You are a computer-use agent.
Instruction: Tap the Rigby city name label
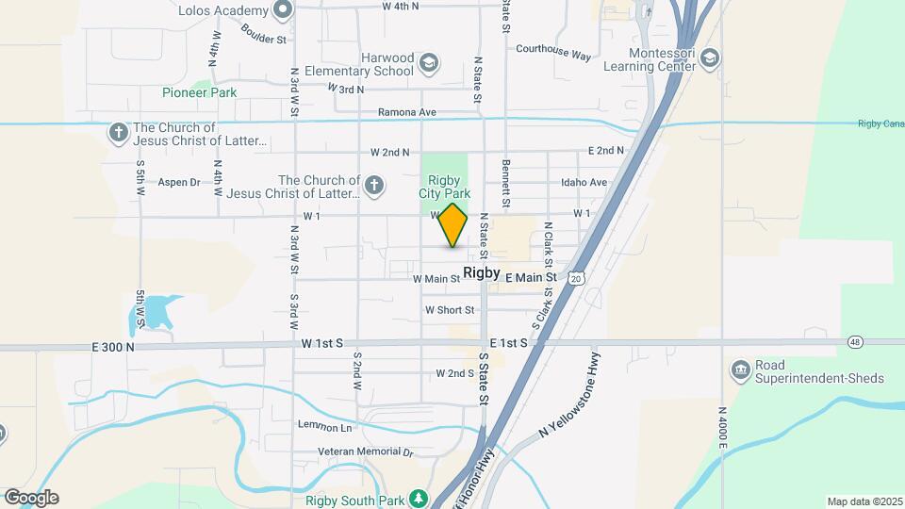[x=482, y=272]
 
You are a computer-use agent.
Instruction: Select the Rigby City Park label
[x=443, y=186]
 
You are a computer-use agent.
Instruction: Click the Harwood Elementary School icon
[x=429, y=63]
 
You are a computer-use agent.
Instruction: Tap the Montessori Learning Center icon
[x=709, y=60]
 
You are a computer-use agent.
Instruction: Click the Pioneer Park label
[x=199, y=92]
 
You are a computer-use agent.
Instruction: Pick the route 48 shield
[x=855, y=341]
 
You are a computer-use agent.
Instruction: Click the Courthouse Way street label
[x=553, y=53]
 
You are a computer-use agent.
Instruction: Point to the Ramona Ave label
[x=406, y=112]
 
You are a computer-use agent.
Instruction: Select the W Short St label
[x=450, y=310]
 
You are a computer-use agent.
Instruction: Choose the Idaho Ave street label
[x=584, y=182]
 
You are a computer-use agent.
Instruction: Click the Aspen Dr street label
[x=179, y=182]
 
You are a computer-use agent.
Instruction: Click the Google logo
[x=31, y=498]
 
